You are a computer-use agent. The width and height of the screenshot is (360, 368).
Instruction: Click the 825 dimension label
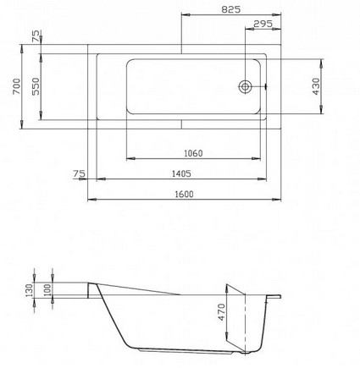pyautogui.click(x=231, y=9)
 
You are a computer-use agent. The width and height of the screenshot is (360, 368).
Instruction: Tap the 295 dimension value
pyautogui.click(x=263, y=24)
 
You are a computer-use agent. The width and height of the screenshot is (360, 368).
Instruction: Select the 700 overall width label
pyautogui.click(x=17, y=86)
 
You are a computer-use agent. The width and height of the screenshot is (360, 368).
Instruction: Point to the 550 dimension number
pyautogui.click(x=36, y=86)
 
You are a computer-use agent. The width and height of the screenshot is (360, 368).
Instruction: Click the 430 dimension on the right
pyautogui.click(x=316, y=86)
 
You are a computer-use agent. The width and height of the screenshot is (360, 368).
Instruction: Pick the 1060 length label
pyautogui.click(x=193, y=153)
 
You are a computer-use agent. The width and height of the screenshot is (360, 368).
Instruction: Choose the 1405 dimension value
pyautogui.click(x=181, y=173)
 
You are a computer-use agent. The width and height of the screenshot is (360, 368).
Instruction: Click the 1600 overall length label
pyautogui.click(x=184, y=195)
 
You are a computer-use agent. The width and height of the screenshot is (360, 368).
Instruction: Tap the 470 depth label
pyautogui.click(x=222, y=312)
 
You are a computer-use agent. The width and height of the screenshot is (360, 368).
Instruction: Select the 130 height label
pyautogui.click(x=29, y=290)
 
